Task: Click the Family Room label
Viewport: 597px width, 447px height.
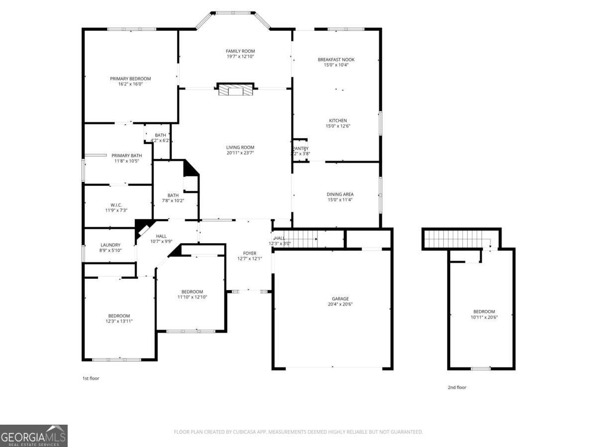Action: [240, 51]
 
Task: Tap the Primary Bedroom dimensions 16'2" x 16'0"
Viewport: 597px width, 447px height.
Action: [130, 84]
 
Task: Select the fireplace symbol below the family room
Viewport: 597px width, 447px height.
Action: [235, 89]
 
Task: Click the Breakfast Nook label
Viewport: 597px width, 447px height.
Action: [336, 60]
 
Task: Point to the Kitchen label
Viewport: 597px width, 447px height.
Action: [338, 121]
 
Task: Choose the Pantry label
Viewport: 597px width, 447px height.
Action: [300, 149]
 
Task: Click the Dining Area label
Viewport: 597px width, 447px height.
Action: [340, 194]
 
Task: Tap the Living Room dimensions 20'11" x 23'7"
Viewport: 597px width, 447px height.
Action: [240, 153]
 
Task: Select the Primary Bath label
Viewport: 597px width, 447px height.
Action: [123, 155]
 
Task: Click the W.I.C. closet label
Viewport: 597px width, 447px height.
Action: [116, 205]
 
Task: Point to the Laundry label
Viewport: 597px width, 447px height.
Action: [110, 245]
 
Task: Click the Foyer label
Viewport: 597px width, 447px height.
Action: [250, 253]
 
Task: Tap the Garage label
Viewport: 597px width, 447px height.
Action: [341, 298]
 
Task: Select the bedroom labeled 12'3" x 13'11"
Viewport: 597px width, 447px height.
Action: [119, 318]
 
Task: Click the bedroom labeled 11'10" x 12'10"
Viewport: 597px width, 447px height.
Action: [192, 295]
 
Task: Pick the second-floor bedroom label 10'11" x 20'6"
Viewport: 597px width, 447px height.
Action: [484, 314]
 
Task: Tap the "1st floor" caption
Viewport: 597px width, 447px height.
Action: [91, 378]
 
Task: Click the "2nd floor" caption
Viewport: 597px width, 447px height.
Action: [457, 387]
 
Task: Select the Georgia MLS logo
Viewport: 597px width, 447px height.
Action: [34, 436]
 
